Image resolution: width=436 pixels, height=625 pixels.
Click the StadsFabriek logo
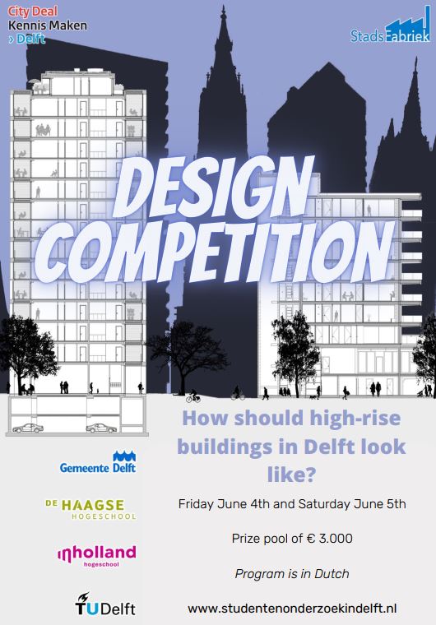(390, 25)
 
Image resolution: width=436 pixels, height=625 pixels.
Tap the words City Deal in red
(33, 12)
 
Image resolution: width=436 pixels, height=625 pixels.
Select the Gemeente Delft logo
(98, 462)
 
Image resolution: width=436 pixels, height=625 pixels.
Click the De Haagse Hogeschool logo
(90, 509)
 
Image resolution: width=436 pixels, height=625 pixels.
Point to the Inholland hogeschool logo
(97, 556)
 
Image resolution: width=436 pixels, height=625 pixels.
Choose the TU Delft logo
(105, 604)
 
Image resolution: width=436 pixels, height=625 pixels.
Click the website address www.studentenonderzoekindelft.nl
(292, 609)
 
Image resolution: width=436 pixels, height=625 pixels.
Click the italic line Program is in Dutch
(292, 573)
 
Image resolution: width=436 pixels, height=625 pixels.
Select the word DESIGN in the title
(213, 187)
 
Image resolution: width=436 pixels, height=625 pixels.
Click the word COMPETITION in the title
(216, 250)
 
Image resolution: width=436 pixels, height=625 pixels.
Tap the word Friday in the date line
(196, 504)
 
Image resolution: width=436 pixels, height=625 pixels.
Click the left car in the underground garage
(28, 428)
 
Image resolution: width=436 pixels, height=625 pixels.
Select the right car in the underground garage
(101, 428)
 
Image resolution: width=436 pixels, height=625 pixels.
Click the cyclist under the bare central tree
(193, 396)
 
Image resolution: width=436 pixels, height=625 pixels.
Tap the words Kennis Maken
(48, 25)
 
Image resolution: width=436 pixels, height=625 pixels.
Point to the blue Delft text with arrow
(26, 39)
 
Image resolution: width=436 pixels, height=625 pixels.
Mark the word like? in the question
(291, 475)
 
